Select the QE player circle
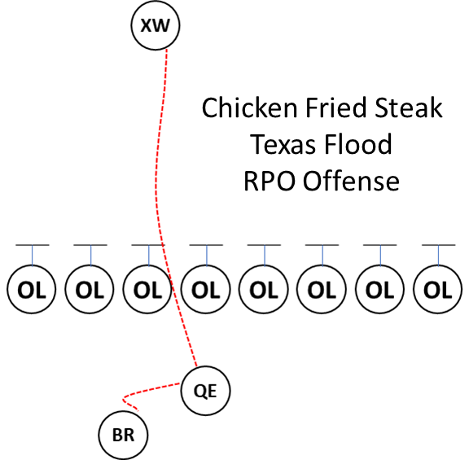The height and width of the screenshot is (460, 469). click(x=206, y=390)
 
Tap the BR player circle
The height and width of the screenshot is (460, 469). click(x=124, y=436)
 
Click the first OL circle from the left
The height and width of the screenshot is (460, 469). click(x=32, y=289)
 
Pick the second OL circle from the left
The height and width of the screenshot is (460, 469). click(x=90, y=289)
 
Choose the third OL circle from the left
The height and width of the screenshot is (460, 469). click(x=148, y=289)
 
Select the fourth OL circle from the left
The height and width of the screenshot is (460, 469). click(x=206, y=289)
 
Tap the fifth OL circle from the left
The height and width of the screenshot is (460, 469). click(x=264, y=289)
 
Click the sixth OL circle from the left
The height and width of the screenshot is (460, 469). click(x=322, y=289)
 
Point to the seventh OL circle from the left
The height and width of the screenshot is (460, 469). click(x=380, y=289)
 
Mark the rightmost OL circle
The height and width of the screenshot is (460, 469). click(x=438, y=289)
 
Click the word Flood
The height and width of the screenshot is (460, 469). click(x=359, y=144)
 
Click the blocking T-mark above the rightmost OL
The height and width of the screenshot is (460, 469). click(x=438, y=246)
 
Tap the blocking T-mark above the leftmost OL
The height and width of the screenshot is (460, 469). click(x=32, y=246)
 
